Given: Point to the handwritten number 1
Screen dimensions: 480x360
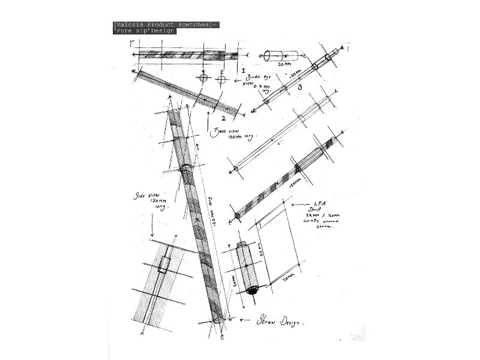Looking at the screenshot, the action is point(243,71).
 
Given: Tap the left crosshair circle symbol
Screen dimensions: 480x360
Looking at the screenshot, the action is point(203,78).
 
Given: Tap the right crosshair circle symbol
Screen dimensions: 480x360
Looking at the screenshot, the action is point(221,79).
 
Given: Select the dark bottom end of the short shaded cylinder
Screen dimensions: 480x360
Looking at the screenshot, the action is point(253,290).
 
